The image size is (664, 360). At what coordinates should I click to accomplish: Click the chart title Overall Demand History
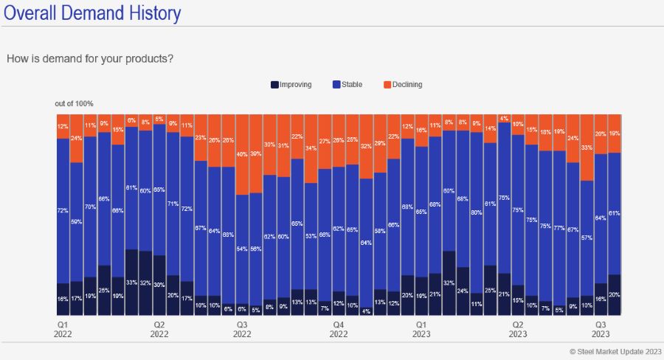tap(92, 14)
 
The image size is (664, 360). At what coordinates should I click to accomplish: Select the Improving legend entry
tap(291, 85)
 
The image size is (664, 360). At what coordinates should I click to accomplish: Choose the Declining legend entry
tap(401, 85)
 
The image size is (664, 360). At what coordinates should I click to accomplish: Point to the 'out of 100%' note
tap(74, 103)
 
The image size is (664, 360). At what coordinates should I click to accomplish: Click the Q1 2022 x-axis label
tap(63, 329)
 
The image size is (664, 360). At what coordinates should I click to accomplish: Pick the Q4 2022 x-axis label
tap(339, 329)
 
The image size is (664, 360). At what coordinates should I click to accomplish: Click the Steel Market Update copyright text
tap(615, 351)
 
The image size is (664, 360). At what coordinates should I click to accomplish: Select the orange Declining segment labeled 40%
tap(241, 155)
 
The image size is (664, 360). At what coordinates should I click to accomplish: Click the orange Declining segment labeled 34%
tap(311, 148)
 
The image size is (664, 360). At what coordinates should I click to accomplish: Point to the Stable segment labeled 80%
tap(477, 212)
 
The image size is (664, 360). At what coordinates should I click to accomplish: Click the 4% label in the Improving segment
tap(366, 310)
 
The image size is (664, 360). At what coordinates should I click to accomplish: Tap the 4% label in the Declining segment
tap(504, 118)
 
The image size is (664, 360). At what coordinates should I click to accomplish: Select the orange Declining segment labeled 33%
tap(587, 148)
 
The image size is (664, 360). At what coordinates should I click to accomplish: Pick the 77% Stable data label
tap(559, 227)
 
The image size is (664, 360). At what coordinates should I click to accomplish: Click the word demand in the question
tap(58, 58)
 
